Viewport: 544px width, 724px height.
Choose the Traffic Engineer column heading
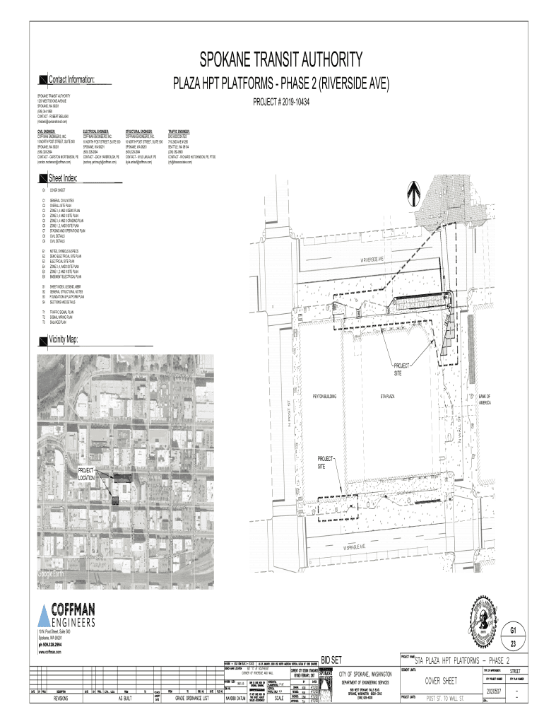(179, 132)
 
